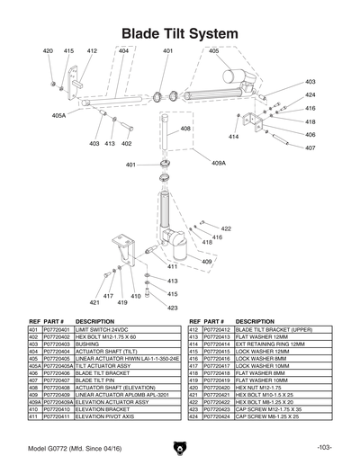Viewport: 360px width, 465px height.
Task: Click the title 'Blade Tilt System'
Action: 180,33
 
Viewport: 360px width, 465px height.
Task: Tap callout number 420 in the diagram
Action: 49,51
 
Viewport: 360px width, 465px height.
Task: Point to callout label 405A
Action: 58,115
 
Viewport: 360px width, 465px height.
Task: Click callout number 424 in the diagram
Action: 310,94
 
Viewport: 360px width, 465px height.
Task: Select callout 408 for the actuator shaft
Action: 184,129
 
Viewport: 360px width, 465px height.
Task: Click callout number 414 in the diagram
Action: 233,137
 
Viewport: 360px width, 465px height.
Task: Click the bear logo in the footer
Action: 180,447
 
